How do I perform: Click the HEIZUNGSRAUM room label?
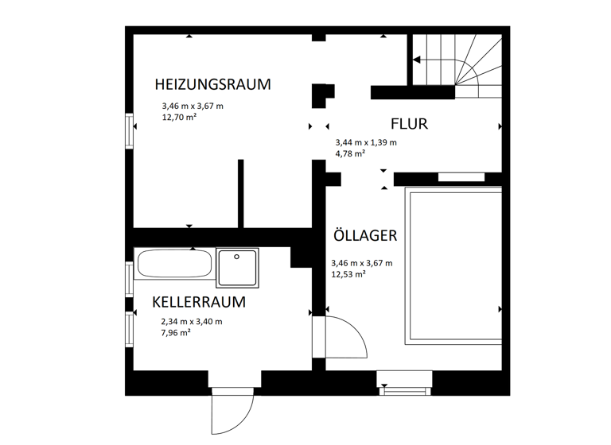click(212, 84)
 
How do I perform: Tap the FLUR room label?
click(410, 124)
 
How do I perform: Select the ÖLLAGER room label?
click(365, 236)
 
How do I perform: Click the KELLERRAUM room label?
click(198, 302)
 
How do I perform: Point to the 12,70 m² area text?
click(179, 116)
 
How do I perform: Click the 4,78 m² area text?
click(350, 153)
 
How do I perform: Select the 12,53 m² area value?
click(348, 274)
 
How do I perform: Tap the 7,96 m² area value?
click(175, 332)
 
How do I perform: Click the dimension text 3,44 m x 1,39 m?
click(366, 143)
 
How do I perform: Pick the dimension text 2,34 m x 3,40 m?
click(192, 321)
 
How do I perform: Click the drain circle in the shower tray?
click(237, 257)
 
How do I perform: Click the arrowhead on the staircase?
click(415, 60)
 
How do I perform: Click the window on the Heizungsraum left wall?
click(129, 130)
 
